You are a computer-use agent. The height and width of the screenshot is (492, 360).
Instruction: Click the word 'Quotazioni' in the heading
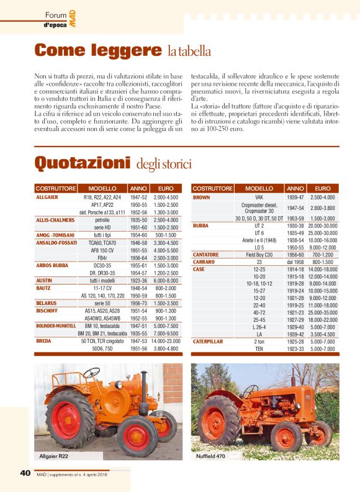(x=82, y=163)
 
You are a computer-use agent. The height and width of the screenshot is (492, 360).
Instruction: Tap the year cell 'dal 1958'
(x=295, y=262)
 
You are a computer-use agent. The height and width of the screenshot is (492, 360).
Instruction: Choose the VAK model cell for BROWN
(x=259, y=197)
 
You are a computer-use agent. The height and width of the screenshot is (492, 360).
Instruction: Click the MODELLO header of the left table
(x=102, y=188)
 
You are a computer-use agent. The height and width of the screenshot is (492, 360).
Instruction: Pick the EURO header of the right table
(x=323, y=188)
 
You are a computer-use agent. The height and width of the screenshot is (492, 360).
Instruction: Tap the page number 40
(x=25, y=473)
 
